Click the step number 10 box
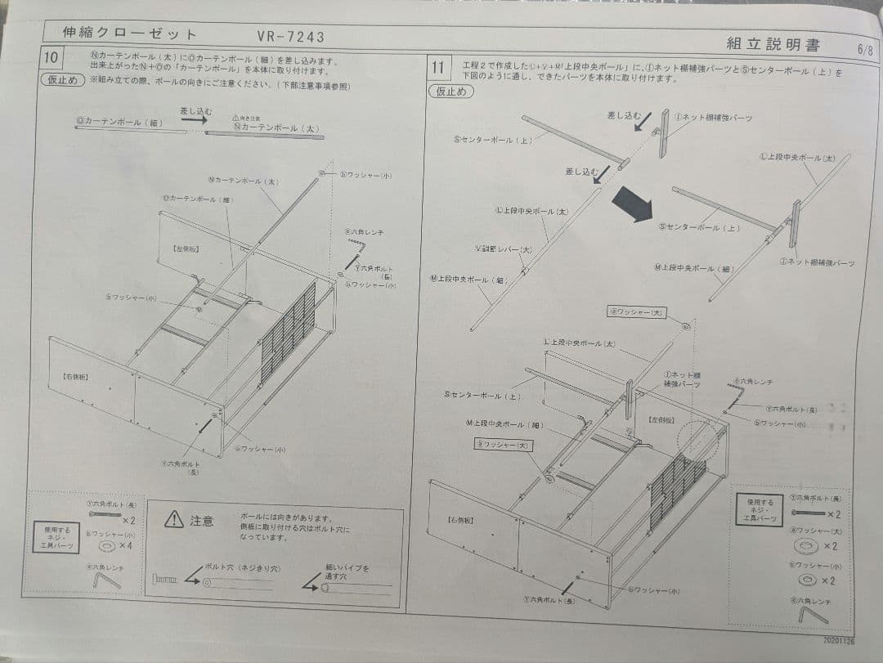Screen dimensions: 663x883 [52, 60]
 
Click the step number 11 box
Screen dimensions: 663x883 [439, 66]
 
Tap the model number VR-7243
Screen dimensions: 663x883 [290, 36]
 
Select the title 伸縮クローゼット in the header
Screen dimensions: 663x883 [130, 34]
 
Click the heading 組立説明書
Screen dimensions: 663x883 [773, 44]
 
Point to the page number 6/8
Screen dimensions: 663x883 [865, 49]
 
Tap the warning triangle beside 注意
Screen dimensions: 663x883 [173, 520]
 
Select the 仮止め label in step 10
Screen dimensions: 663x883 [62, 80]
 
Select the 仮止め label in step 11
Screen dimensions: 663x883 [450, 92]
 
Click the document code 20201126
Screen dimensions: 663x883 [841, 642]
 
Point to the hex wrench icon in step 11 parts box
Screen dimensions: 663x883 [812, 614]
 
